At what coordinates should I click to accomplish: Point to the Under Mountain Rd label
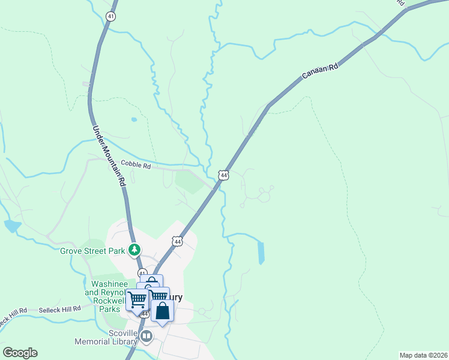(x=109, y=155)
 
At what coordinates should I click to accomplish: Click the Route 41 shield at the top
(x=110, y=16)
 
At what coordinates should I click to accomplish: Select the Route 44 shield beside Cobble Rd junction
(x=223, y=175)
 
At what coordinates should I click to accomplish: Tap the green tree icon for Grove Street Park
(x=136, y=250)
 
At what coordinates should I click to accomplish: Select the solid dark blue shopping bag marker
(x=162, y=311)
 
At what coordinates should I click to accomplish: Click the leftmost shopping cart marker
(x=137, y=299)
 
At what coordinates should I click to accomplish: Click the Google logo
(x=20, y=353)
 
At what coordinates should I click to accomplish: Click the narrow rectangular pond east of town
(x=261, y=253)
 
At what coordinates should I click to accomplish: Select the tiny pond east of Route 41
(x=133, y=119)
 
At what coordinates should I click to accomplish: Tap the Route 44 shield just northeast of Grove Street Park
(x=177, y=241)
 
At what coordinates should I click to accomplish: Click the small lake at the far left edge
(x=11, y=226)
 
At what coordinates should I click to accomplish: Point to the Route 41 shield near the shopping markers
(x=142, y=273)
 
